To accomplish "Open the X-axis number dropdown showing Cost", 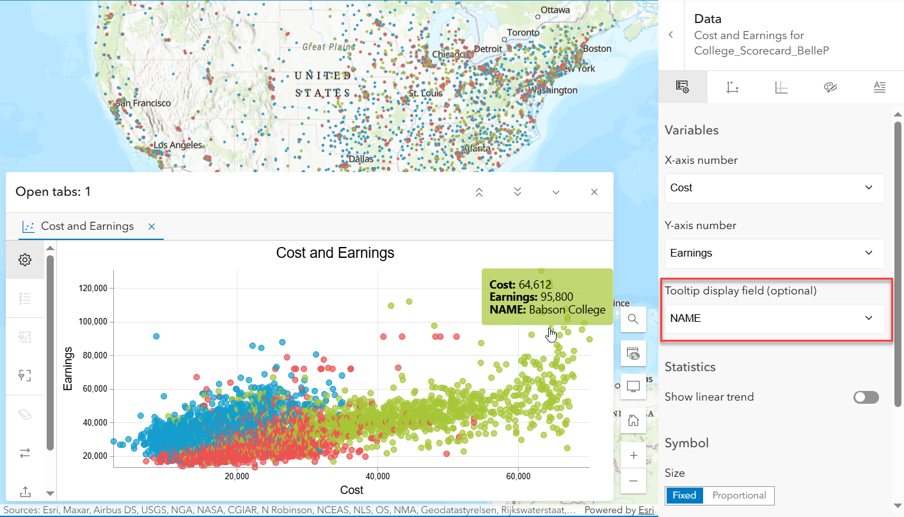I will coord(775,188).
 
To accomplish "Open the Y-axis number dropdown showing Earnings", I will coord(775,253).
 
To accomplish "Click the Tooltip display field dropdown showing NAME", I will coord(775,319).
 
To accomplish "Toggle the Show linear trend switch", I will coord(866,397).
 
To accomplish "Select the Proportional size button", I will coord(739,496).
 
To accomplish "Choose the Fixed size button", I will coord(685,496).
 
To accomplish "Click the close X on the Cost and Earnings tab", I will coord(152,227).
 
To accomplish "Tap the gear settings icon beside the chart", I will coord(25,260).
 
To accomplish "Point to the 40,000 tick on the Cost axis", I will coord(377,477).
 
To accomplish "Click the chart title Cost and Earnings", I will coord(335,253).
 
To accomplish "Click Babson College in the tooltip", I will coord(567,310).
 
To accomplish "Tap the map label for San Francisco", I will coord(143,103).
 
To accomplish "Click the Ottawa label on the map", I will coord(554,10).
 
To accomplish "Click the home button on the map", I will coord(633,420).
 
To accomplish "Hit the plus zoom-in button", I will coord(633,456).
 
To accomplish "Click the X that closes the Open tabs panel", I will coord(594,192).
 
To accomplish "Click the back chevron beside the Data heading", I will coord(670,35).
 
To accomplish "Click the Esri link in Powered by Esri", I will coord(646,511).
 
